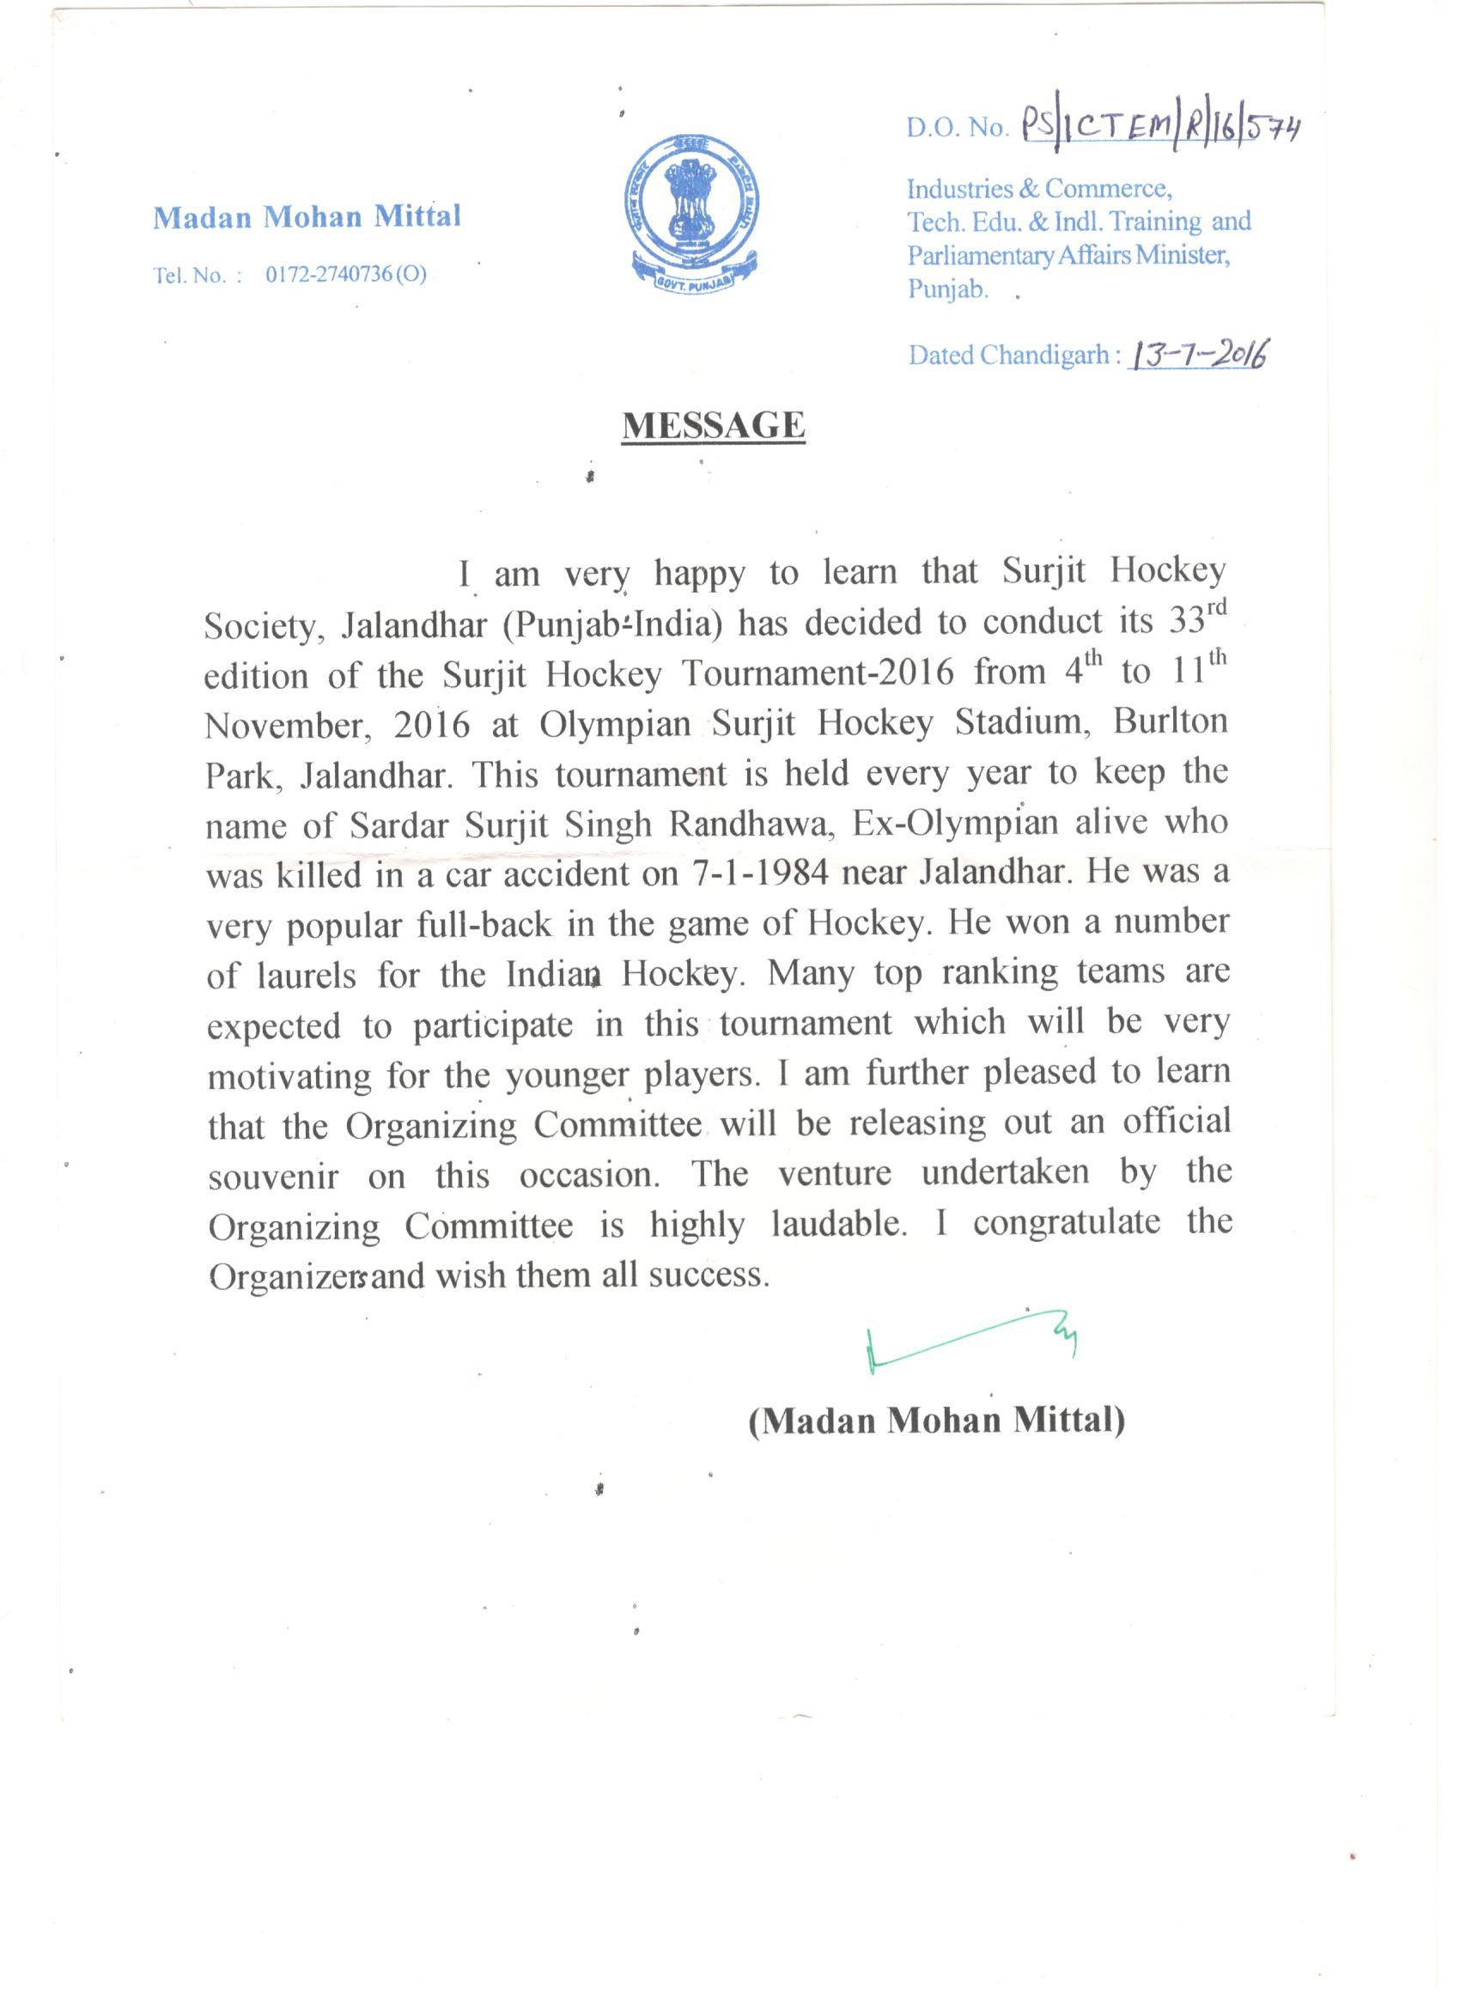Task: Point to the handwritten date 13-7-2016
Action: pos(1197,355)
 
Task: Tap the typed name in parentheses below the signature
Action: pos(937,1421)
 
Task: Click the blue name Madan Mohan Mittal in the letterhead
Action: pos(307,217)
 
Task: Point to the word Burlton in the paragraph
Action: pos(1171,722)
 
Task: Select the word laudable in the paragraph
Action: pos(838,1226)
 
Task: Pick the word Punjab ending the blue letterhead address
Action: pos(947,289)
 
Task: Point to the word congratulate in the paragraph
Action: pos(1066,1224)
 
